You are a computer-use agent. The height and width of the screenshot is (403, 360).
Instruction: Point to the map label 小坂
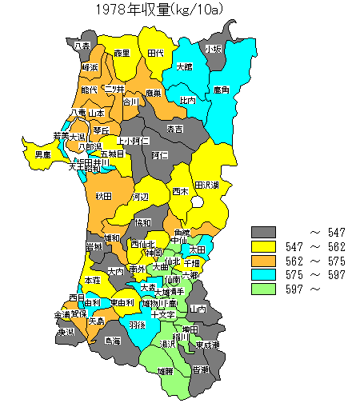pyautogui.click(x=213, y=49)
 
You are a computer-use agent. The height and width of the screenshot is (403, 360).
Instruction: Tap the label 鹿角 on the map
pyautogui.click(x=222, y=92)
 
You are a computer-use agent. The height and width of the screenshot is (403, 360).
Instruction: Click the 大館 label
pyautogui.click(x=184, y=67)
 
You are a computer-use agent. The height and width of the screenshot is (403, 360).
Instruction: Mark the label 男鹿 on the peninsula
pyautogui.click(x=43, y=154)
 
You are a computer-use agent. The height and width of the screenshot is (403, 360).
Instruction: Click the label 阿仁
pyautogui.click(x=159, y=154)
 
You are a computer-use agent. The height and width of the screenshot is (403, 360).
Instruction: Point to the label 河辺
pyautogui.click(x=140, y=196)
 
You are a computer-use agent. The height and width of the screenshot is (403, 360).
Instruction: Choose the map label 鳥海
pyautogui.click(x=112, y=341)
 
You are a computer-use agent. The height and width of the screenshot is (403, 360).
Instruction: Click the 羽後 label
pyautogui.click(x=137, y=325)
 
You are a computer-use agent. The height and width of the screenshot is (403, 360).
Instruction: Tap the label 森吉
pyautogui.click(x=174, y=129)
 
